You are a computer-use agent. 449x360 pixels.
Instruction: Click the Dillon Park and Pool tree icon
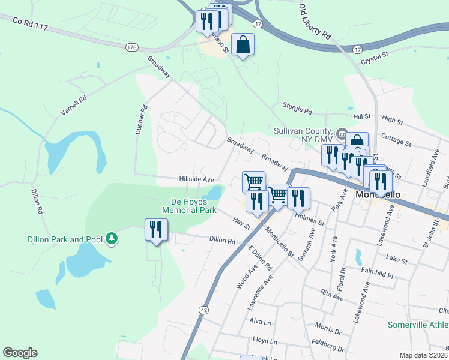[x=111, y=239]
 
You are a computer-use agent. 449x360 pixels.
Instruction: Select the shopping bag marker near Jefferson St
[x=242, y=45]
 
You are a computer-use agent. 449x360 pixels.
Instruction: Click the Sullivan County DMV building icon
[x=342, y=133]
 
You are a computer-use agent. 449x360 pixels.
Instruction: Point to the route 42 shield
[x=204, y=310]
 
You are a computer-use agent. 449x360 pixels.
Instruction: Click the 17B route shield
[x=132, y=47]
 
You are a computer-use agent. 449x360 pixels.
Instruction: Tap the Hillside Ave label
[x=196, y=179]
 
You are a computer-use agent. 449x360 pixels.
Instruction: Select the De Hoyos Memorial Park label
[x=189, y=206]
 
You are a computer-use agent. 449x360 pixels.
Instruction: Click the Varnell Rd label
[x=74, y=106]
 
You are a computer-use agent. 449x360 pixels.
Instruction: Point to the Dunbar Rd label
[x=142, y=120]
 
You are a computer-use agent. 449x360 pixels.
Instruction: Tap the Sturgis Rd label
[x=299, y=111]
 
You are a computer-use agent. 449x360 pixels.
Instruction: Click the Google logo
[x=20, y=353]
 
